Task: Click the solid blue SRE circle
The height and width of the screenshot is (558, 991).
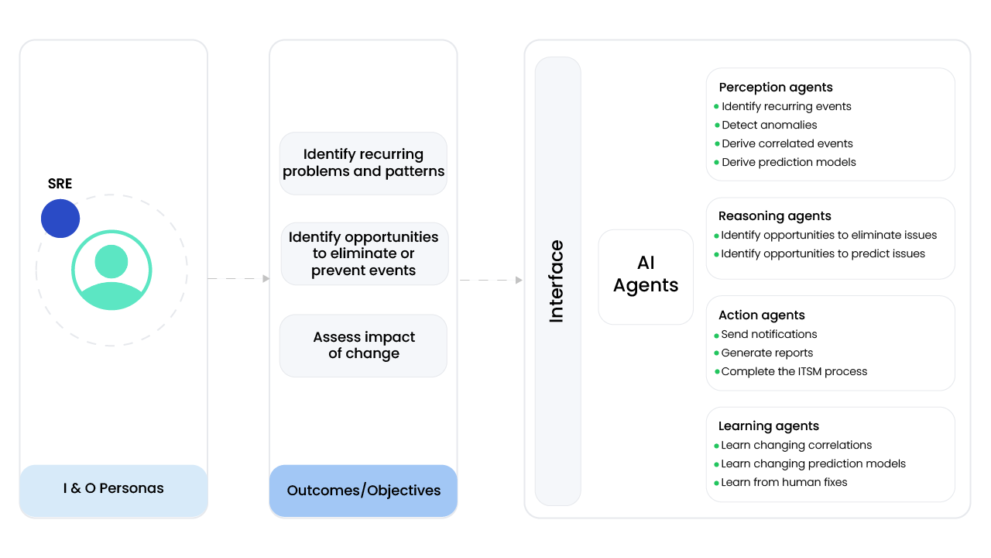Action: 60,219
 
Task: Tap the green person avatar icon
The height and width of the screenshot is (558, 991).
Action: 111,270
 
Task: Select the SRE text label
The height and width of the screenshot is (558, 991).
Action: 60,184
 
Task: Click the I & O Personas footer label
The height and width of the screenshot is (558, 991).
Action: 113,489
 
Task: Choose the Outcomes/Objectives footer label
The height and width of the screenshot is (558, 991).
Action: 363,491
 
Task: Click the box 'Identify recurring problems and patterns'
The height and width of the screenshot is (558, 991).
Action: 363,163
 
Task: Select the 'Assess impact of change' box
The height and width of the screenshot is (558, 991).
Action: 363,346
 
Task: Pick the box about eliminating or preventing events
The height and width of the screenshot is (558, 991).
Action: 363,253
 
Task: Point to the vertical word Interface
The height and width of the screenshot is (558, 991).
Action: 557,281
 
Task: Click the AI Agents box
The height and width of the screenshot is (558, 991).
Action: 646,276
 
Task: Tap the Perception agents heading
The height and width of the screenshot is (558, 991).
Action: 776,88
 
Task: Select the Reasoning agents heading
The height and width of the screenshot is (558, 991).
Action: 774,216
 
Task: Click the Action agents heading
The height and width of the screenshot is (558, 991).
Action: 761,315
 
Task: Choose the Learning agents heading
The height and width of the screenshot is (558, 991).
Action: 768,426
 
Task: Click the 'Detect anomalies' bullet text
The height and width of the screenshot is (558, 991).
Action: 769,125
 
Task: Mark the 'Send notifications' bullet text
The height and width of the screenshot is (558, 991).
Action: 769,334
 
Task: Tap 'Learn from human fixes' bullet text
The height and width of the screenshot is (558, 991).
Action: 784,482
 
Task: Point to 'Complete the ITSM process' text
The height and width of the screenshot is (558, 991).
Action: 794,371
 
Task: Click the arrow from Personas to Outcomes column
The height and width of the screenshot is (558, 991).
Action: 238,278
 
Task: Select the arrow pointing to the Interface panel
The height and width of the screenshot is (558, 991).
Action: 491,280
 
